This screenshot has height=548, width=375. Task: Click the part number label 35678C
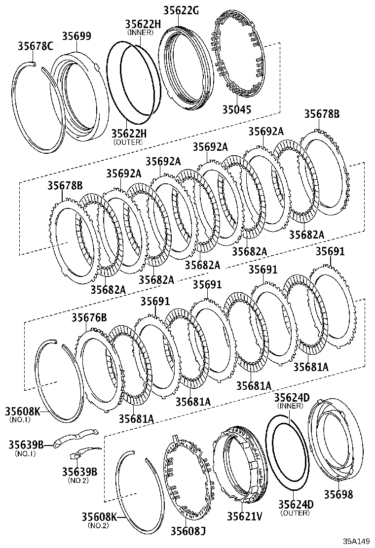[36, 47]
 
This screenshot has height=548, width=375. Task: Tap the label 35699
[76, 36]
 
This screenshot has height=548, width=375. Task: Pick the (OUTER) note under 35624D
[295, 513]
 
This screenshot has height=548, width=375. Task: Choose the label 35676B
[89, 317]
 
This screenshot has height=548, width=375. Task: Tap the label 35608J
[188, 531]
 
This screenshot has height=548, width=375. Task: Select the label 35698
[338, 494]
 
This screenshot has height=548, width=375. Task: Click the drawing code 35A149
[357, 541]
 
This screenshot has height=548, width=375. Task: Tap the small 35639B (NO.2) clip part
[81, 453]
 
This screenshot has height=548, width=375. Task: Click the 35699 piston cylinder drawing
[81, 94]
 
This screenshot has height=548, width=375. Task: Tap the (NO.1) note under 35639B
[25, 453]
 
